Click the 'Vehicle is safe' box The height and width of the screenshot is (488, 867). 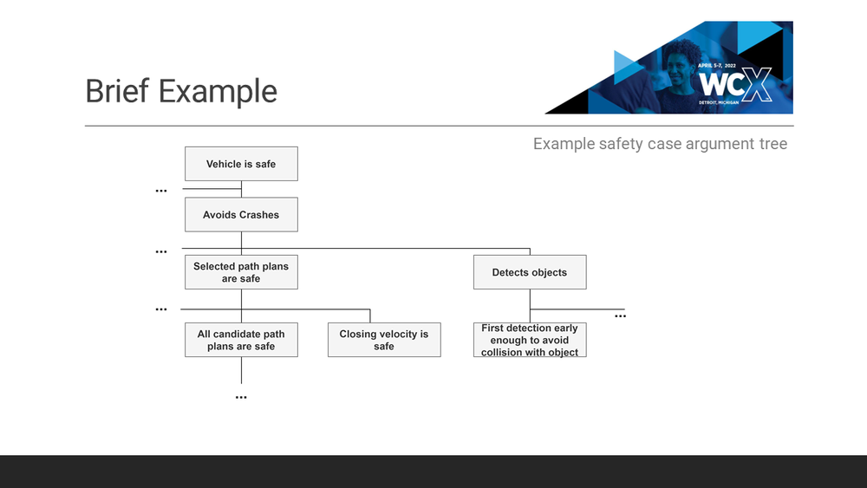click(241, 164)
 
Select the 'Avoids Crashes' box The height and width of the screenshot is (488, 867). click(241, 215)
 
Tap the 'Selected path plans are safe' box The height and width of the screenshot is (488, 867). click(241, 272)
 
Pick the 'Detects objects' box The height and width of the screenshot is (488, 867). click(530, 272)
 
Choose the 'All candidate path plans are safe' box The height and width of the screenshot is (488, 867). click(241, 340)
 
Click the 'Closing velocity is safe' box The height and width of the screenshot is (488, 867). click(384, 340)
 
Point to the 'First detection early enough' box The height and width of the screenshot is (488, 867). click(530, 340)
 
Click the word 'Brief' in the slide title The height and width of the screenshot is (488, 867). click(118, 91)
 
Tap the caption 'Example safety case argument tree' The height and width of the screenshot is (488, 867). click(660, 144)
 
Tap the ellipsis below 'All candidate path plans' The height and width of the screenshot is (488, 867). click(241, 397)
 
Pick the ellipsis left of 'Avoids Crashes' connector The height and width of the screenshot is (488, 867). click(161, 191)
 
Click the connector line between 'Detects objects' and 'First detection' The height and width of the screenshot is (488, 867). click(530, 305)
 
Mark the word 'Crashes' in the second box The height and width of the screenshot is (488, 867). click(259, 215)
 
